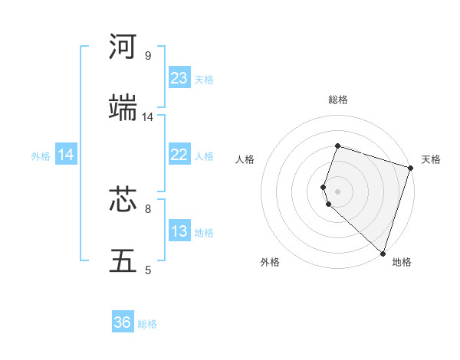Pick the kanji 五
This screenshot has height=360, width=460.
tap(123, 260)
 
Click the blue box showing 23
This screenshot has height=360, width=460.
tap(179, 78)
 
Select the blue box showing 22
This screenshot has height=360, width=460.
tap(179, 155)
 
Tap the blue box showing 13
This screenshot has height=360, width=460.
tap(179, 231)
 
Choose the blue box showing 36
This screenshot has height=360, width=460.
tap(123, 322)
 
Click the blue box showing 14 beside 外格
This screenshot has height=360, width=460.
tap(66, 155)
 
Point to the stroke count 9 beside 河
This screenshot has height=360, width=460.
tap(147, 56)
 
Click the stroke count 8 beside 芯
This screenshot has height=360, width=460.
tap(147, 208)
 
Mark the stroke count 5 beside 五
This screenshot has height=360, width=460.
tap(147, 270)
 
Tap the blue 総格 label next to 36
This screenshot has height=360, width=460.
tap(147, 324)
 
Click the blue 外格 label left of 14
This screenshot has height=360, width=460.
tap(41, 156)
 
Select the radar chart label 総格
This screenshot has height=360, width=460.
tap(337, 100)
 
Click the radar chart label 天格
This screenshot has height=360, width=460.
tap(431, 159)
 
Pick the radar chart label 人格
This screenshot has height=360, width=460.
tap(245, 159)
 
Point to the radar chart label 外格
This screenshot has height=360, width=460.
tap(270, 262)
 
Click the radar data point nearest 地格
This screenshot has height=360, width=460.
tap(383, 253)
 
